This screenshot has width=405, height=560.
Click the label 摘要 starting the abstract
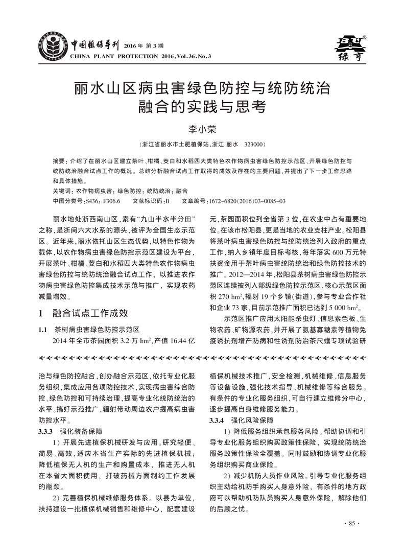59,161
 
